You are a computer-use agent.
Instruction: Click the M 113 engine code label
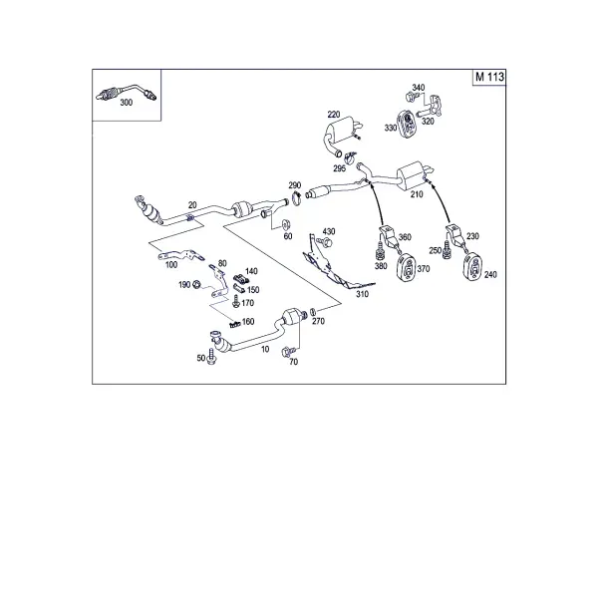point(489,77)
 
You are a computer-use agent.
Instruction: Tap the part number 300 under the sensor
point(127,103)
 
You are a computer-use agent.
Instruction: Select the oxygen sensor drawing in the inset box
point(127,92)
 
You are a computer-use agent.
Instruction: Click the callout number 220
point(334,114)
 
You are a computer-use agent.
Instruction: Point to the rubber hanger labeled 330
point(407,122)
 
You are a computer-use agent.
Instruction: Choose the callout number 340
point(418,88)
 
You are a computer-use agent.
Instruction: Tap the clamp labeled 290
point(297,198)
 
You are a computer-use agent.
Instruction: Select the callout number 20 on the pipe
point(192,205)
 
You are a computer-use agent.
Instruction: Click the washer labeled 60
point(286,223)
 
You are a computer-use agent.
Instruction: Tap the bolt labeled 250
point(447,250)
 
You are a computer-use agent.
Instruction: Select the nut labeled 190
point(196,284)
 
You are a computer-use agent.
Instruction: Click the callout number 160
point(248,322)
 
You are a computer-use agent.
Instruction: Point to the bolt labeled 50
point(211,356)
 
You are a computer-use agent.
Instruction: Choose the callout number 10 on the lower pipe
point(265,349)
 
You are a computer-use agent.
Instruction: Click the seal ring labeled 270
point(312,311)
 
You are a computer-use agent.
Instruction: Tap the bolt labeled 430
point(326,242)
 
